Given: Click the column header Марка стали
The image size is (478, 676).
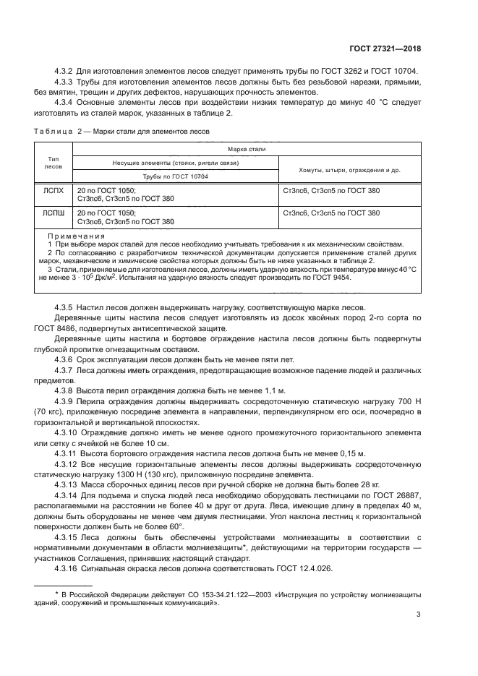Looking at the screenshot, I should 247,148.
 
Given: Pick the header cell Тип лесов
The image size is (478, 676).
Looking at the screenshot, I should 54,162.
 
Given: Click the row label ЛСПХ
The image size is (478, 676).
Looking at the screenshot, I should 54,192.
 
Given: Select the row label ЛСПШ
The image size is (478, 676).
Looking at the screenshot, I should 54,213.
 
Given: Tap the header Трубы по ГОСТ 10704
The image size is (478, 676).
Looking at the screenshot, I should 176,176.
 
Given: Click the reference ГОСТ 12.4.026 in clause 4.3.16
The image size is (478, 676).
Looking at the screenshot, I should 302,569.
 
